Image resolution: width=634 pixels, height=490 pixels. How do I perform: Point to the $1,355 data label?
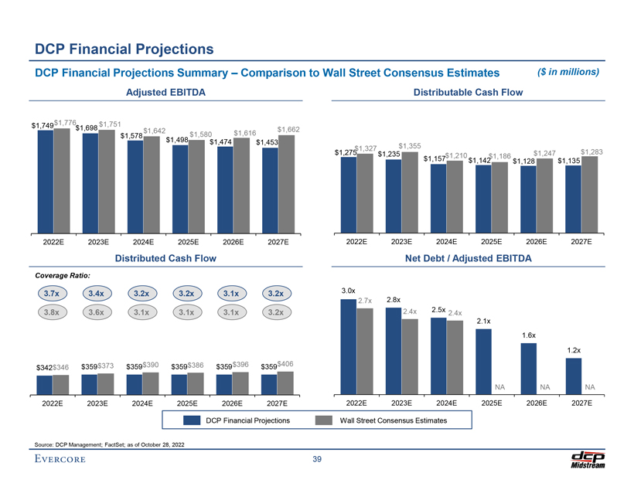click(x=410, y=145)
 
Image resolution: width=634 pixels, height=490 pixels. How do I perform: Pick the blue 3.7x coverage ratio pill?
click(x=53, y=294)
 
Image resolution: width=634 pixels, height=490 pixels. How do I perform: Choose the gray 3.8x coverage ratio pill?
click(x=53, y=313)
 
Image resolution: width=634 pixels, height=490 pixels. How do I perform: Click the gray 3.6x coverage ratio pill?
click(x=97, y=313)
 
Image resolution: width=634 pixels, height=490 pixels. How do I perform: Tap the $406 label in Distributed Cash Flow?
click(x=286, y=363)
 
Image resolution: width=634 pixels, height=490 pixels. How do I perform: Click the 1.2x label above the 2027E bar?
click(x=574, y=350)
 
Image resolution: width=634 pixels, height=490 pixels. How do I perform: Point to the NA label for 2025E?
click(x=500, y=386)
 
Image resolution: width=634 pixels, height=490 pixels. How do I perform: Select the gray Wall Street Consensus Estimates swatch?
click(x=326, y=420)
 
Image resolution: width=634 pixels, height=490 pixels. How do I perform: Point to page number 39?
click(x=317, y=461)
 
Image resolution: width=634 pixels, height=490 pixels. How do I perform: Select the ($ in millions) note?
click(x=568, y=72)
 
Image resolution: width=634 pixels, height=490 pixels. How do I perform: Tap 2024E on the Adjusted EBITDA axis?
click(x=143, y=242)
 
